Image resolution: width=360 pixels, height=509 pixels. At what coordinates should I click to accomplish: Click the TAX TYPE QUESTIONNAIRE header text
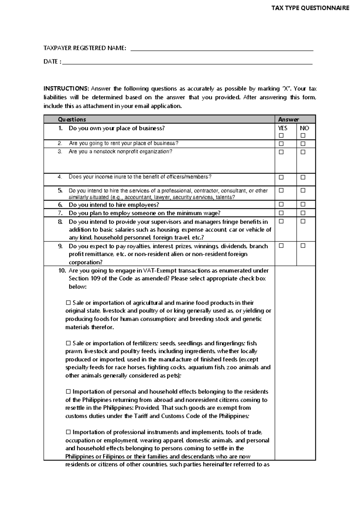pyautogui.click(x=310, y=8)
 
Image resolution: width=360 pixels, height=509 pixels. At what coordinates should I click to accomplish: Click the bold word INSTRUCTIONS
pyautogui.click(x=66, y=89)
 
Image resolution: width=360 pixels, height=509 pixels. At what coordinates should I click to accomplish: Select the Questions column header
pyautogui.click(x=72, y=119)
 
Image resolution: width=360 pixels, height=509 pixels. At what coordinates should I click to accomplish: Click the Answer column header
pyautogui.click(x=289, y=119)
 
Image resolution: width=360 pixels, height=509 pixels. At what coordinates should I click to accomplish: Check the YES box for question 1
pyautogui.click(x=281, y=136)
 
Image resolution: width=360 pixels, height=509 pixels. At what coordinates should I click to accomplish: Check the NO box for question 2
pyautogui.click(x=303, y=144)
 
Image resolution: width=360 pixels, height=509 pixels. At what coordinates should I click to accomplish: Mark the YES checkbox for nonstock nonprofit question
pyautogui.click(x=281, y=152)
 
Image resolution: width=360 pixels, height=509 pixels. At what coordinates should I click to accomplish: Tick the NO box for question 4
pyautogui.click(x=303, y=177)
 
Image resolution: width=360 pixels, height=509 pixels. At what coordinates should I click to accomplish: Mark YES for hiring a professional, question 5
pyautogui.click(x=281, y=190)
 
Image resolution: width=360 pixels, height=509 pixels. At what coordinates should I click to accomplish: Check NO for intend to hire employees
pyautogui.click(x=303, y=204)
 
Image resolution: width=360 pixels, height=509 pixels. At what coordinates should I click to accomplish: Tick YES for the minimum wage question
pyautogui.click(x=281, y=213)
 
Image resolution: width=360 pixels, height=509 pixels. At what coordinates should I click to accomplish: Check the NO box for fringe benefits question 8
pyautogui.click(x=303, y=221)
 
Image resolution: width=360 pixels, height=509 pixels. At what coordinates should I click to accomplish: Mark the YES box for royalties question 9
pyautogui.click(x=281, y=246)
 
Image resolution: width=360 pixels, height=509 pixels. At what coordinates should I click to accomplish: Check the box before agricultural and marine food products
pyautogui.click(x=68, y=303)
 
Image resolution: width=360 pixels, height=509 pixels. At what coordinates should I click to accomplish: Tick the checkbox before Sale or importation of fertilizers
pyautogui.click(x=68, y=343)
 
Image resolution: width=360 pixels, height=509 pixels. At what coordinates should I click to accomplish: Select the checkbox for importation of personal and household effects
pyautogui.click(x=68, y=392)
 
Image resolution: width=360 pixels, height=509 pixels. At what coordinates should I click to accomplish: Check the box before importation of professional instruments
pyautogui.click(x=68, y=432)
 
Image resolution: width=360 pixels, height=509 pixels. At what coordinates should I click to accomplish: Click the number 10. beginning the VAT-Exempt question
pyautogui.click(x=62, y=271)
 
